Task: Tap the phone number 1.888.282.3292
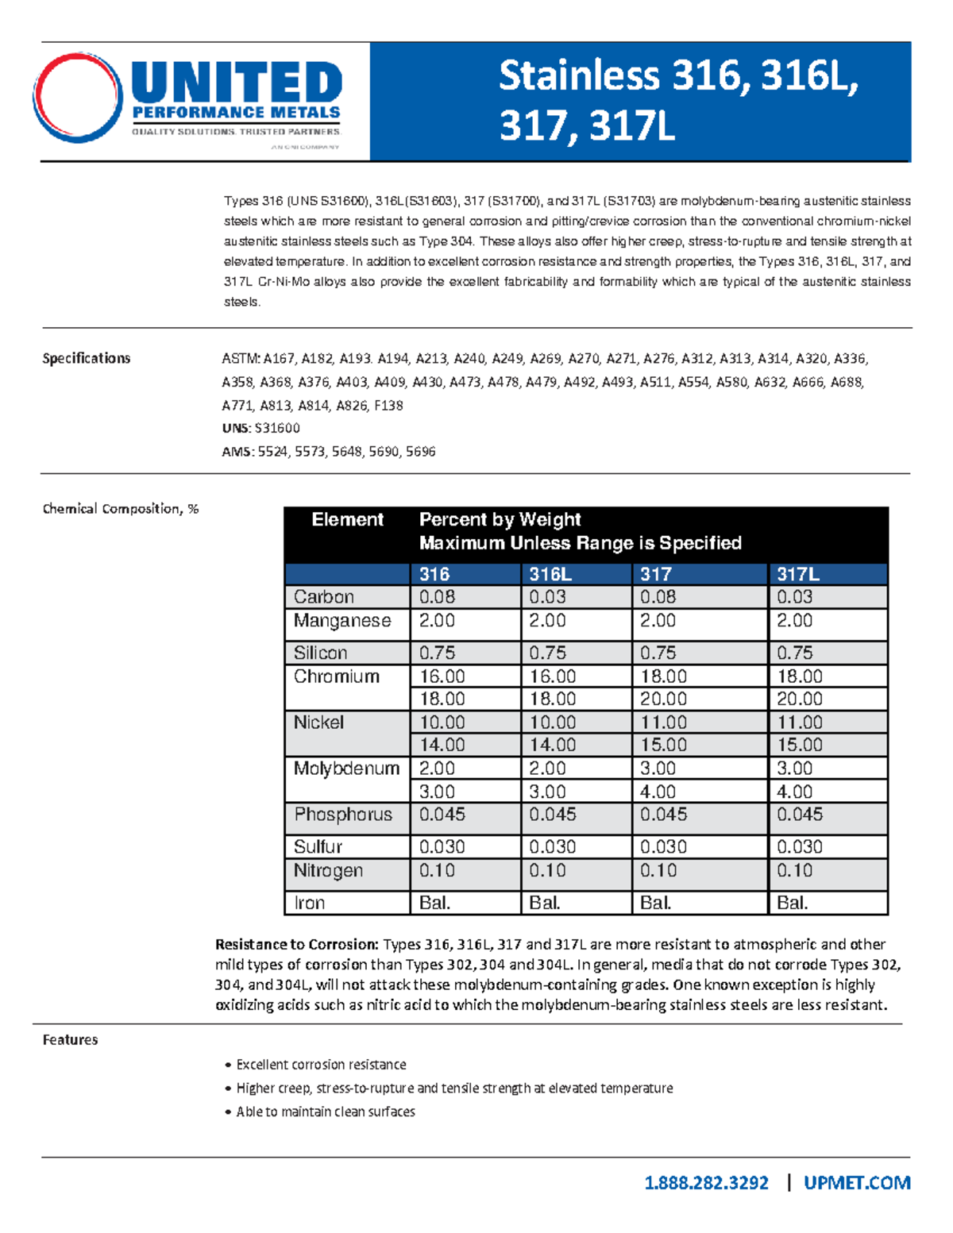pos(706,1183)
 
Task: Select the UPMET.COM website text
pos(856,1183)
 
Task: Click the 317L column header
pos(797,574)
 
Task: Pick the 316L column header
pos(550,574)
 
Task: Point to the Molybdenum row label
pos(346,769)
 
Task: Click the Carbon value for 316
pos(437,597)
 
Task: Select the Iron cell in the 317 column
pos(656,903)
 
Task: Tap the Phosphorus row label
pos(343,815)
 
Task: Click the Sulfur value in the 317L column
pos(799,846)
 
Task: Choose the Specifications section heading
pos(86,358)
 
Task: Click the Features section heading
pos(70,1040)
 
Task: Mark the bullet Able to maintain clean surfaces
pos(325,1112)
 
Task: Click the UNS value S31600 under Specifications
pos(277,428)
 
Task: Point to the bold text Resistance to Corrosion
pos(297,944)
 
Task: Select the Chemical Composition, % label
pos(121,509)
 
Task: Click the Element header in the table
pos(347,520)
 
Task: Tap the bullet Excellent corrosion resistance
pos(321,1065)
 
